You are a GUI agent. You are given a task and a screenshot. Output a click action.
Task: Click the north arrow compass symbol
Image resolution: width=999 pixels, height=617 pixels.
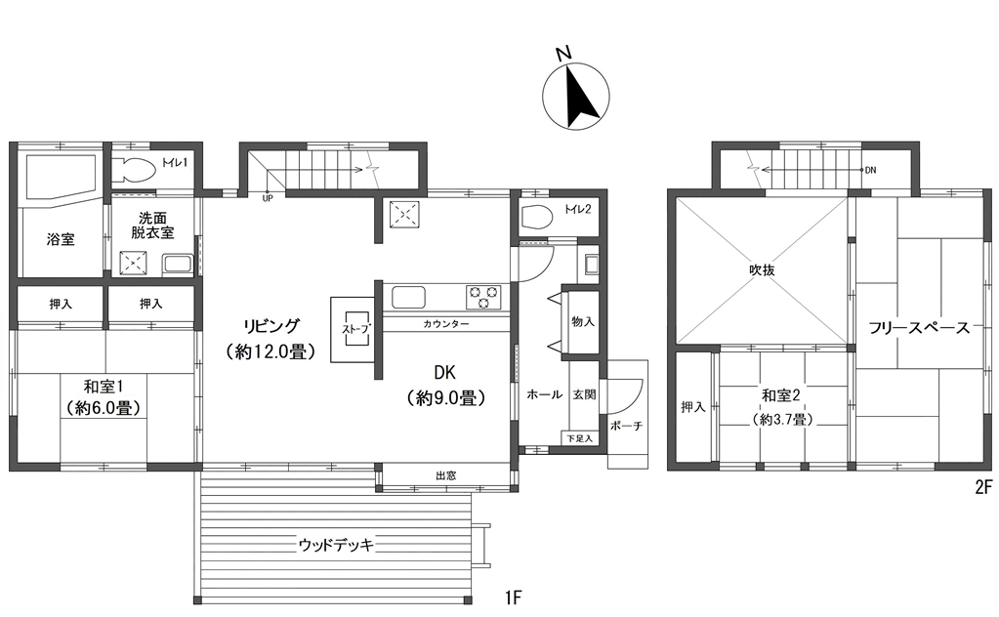577,95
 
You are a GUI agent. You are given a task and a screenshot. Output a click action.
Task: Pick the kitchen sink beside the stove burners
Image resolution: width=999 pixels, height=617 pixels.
408,298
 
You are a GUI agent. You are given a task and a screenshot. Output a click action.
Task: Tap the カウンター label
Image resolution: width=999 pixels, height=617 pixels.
446,324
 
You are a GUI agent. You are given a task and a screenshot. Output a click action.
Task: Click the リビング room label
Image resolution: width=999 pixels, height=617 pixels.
271,326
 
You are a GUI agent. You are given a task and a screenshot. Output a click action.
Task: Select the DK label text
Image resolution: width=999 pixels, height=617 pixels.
444,373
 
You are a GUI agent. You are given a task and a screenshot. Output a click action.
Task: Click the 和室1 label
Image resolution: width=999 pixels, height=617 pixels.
104,386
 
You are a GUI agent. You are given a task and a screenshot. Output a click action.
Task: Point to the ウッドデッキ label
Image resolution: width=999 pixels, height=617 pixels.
336,545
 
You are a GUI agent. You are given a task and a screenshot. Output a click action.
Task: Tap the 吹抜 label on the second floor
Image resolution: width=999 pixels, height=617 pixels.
762,270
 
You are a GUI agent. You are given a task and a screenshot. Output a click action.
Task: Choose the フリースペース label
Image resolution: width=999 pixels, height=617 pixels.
919,328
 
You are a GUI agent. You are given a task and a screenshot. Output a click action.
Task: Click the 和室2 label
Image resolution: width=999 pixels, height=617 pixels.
781,395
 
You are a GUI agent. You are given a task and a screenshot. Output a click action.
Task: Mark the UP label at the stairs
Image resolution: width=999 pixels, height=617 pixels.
268,198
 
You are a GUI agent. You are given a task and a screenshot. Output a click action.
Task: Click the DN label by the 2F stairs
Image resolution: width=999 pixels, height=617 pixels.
870,170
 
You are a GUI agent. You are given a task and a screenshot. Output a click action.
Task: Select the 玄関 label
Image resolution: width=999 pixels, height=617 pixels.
584,394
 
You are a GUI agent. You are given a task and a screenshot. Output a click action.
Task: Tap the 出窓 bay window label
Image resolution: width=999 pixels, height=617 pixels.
445,475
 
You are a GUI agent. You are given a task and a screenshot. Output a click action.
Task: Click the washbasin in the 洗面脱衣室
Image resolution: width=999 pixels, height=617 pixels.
179,265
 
